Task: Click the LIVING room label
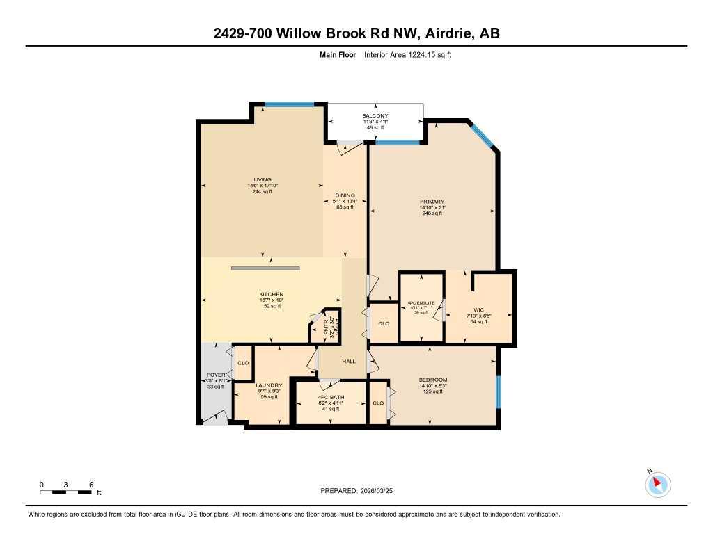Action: click(263, 179)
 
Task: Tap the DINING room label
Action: click(345, 195)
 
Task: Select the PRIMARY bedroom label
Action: click(432, 202)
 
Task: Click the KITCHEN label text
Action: click(271, 294)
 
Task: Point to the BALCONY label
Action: click(375, 115)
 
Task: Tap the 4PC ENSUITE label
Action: click(422, 303)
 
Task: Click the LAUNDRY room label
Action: click(269, 385)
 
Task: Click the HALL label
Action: click(349, 362)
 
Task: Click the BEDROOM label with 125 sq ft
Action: click(432, 380)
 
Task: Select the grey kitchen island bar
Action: click(265, 268)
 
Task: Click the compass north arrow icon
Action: click(657, 484)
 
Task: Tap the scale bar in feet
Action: click(66, 492)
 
